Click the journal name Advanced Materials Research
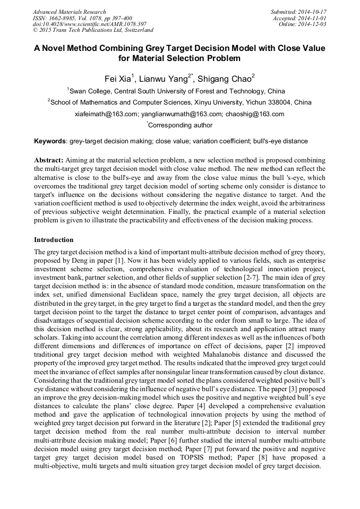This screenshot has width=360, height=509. (69, 12)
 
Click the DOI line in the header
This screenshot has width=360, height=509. (90, 24)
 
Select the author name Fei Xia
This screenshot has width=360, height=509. (118, 79)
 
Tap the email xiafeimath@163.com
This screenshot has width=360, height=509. (107, 114)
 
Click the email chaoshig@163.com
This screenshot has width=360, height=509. (254, 114)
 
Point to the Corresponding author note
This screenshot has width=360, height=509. (181, 126)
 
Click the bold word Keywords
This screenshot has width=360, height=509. (50, 142)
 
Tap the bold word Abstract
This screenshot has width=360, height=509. (49, 160)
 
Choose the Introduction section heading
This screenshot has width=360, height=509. (54, 240)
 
